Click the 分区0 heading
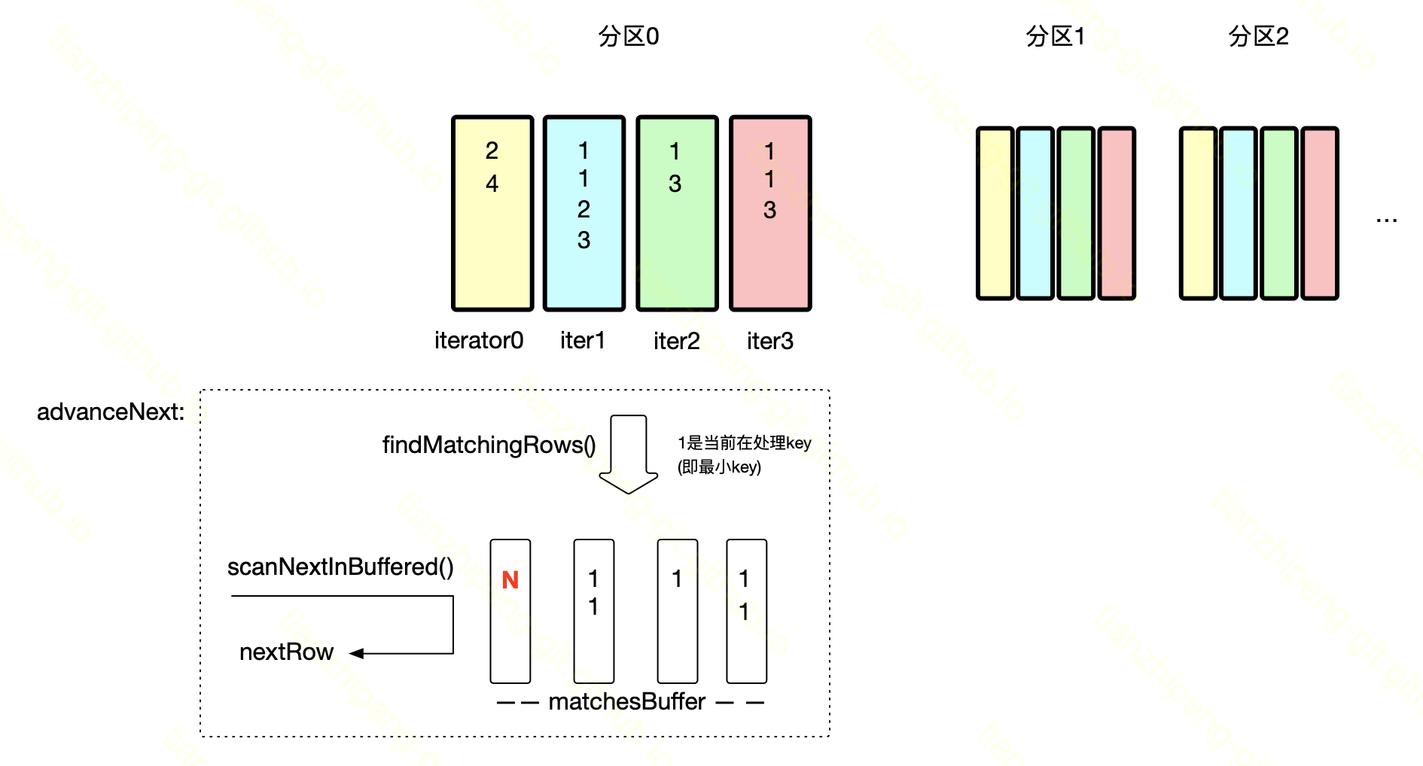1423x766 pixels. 628,36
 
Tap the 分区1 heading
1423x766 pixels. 1055,36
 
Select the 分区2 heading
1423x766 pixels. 1258,36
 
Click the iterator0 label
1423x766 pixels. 479,341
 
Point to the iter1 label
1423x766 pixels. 582,341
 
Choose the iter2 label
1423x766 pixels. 676,342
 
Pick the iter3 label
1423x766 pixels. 769,342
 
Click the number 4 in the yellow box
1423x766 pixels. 492,184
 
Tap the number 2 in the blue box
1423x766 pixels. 584,209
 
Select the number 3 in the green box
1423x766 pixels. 675,184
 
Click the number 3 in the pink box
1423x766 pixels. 769,210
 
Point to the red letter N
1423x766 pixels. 510,580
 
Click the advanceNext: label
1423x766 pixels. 111,412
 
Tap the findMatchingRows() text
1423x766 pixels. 489,445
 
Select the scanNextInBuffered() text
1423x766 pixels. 340,567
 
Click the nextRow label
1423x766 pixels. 286,652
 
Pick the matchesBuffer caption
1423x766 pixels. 626,701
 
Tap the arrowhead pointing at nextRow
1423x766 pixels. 357,653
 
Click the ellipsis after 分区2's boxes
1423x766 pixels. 1386,220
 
